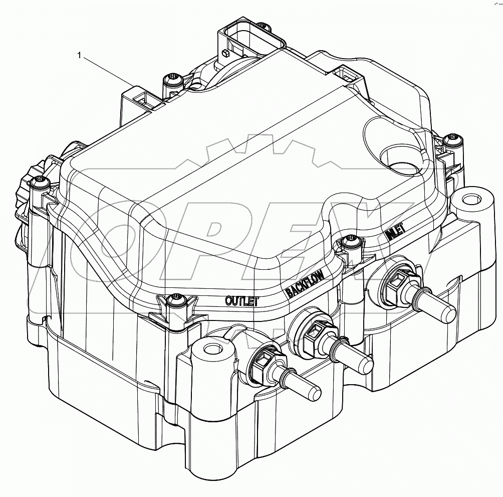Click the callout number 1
[x=79, y=56]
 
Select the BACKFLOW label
[x=305, y=284]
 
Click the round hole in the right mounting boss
[x=469, y=200]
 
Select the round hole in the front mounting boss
[x=211, y=349]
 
